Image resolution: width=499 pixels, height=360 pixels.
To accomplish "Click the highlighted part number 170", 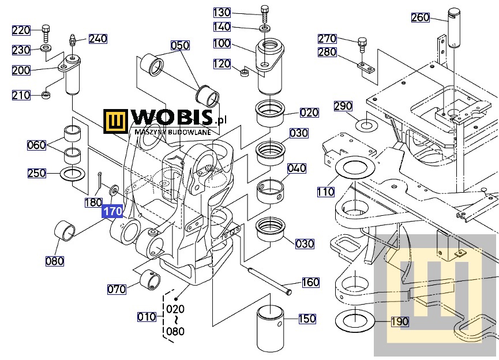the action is (112, 211).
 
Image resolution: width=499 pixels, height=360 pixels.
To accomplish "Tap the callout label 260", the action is (421, 17).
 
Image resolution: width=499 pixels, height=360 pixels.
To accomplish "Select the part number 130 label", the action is (222, 13).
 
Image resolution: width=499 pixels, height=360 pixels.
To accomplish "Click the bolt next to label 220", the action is (46, 33).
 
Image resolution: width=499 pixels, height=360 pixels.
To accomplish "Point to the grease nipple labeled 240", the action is (73, 40).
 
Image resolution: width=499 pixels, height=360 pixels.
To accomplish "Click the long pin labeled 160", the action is (269, 280).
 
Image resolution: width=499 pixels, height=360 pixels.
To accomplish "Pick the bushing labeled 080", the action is (65, 230).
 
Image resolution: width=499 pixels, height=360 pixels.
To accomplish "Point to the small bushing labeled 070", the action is (150, 280).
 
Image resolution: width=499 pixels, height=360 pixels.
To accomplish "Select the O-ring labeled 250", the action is (73, 174).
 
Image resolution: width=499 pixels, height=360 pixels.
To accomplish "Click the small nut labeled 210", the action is (47, 95).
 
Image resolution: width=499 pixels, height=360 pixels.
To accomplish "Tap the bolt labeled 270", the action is (362, 44).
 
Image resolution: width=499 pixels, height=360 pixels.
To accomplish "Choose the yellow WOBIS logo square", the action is (115, 121).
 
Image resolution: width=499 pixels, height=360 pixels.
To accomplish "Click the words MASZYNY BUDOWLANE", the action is (173, 132).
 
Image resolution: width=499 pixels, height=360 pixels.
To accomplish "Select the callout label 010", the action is (147, 317).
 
